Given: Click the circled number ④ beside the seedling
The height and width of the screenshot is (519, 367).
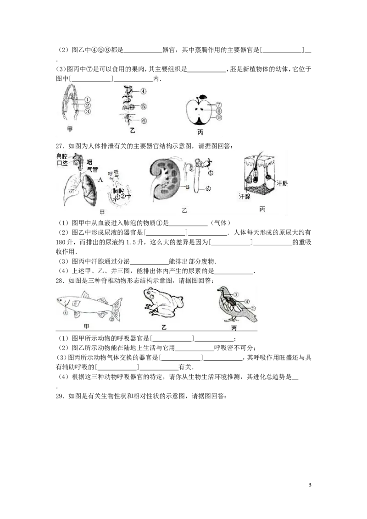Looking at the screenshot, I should coord(144,91).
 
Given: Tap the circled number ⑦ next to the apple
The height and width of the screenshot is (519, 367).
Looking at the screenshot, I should coord(219,105).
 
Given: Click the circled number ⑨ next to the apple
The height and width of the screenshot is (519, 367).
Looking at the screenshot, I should coord(219,117).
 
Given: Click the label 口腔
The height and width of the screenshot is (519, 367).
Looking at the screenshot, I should coord(62,163).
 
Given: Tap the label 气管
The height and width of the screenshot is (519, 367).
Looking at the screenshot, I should coord(92,170).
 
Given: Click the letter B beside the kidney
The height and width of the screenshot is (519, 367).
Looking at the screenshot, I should coord(188,187).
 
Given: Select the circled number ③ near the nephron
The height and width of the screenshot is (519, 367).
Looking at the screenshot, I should coord(211,173).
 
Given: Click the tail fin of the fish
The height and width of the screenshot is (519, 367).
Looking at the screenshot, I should coord(117,306).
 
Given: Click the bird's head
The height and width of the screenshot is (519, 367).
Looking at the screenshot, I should coord(222,290).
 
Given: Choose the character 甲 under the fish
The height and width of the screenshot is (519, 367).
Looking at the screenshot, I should coord(86,326).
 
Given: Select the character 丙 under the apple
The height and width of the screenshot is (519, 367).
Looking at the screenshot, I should coord(200,133).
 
